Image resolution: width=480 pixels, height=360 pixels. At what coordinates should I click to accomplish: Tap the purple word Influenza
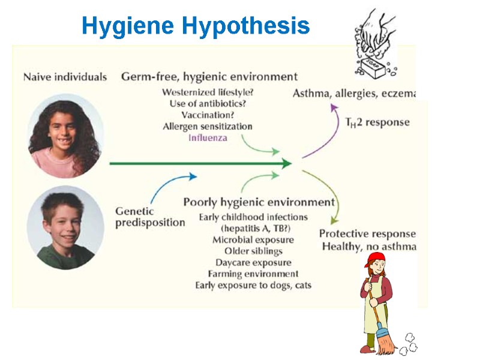(x=208, y=137)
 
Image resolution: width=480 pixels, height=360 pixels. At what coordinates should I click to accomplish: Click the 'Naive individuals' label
(x=65, y=77)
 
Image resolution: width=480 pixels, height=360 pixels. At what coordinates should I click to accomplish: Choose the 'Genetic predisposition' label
(x=150, y=217)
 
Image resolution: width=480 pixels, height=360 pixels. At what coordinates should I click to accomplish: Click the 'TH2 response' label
(x=377, y=122)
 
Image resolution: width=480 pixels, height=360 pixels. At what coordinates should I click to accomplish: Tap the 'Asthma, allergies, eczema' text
(x=354, y=93)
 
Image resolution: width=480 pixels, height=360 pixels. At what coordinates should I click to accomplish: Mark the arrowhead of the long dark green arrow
(x=287, y=163)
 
